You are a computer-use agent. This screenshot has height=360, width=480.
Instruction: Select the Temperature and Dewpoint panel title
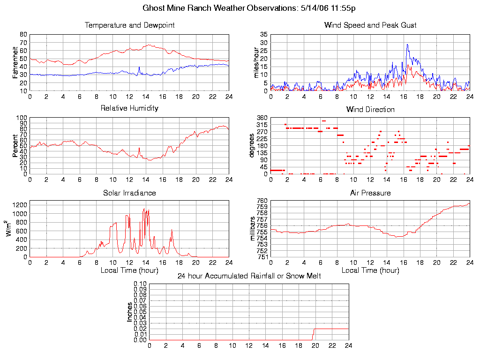pos(129,25)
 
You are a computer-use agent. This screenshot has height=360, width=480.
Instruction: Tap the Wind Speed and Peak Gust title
pos(370,25)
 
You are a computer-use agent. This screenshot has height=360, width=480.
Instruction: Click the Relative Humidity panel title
pos(129,108)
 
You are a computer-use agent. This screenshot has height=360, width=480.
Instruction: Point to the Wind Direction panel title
pos(370,109)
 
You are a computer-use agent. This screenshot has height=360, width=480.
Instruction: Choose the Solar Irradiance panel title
pos(129,193)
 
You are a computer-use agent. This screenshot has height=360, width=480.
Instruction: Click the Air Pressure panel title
pos(370,193)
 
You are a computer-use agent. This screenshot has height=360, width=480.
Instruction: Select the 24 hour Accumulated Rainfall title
pos(249,276)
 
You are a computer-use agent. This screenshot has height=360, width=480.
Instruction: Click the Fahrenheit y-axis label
pos(15,62)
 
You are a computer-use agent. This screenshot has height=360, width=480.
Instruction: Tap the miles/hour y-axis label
pos(256,62)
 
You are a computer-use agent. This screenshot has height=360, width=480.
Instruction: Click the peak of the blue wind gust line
pos(407,45)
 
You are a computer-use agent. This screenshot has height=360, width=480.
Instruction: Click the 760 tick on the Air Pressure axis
pos(262,201)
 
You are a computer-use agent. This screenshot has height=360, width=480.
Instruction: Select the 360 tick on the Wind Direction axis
pos(262,117)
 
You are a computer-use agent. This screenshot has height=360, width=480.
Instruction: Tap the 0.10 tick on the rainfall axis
pos(140,284)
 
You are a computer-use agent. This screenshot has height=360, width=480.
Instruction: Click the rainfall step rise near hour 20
pos(314,334)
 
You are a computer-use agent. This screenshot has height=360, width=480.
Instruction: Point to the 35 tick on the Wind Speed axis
pos(264,35)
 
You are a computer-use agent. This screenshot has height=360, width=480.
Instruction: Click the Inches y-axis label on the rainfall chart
pos(130,312)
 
